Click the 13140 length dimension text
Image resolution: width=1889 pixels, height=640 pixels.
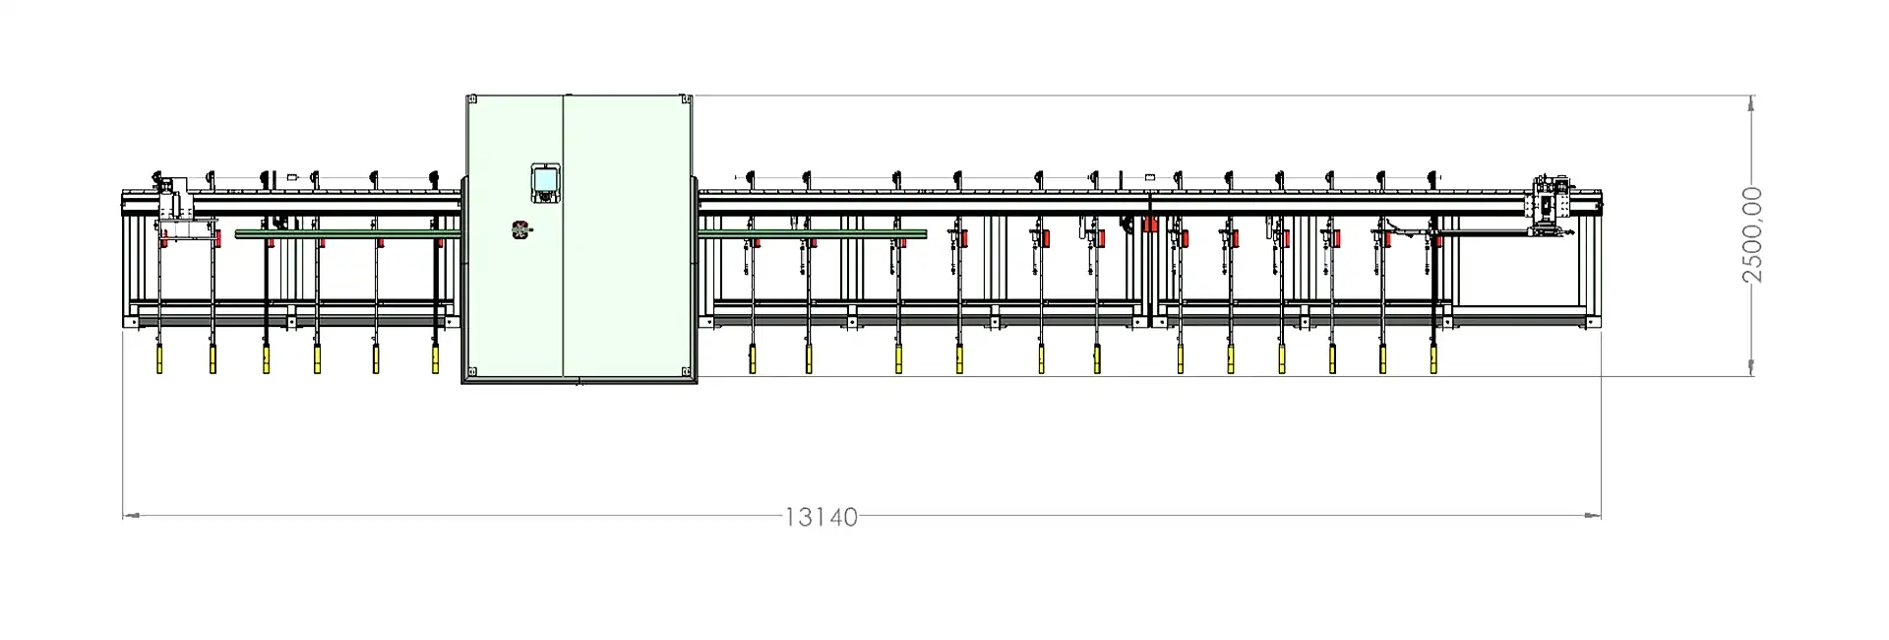tap(821, 517)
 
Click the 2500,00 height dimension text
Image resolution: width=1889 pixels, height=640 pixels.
tap(1752, 234)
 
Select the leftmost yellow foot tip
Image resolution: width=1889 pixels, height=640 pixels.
tap(158, 359)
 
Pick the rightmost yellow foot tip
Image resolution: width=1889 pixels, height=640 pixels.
tap(1433, 360)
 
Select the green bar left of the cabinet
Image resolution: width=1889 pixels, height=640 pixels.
tap(348, 233)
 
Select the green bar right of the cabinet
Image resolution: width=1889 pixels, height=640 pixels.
tap(813, 233)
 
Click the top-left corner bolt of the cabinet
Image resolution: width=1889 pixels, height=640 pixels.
tap(471, 100)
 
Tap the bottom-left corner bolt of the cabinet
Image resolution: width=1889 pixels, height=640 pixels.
tap(471, 371)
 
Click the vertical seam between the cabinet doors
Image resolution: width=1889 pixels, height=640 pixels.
tap(562, 236)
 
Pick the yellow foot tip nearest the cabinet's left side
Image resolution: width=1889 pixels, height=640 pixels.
tap(435, 360)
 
